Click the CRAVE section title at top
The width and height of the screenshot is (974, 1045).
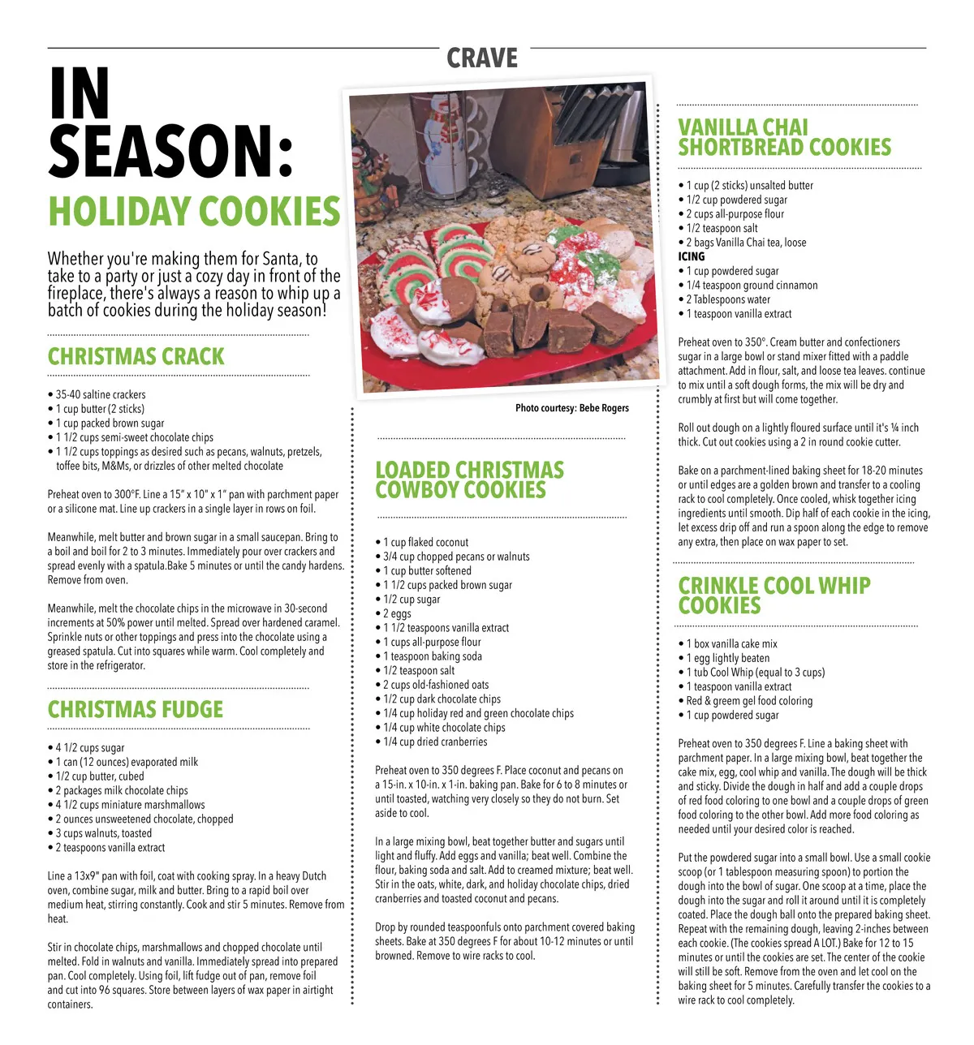[x=482, y=58]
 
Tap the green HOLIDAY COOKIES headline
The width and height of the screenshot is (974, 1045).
[x=194, y=212]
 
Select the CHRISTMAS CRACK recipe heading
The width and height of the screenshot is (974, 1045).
[x=136, y=357]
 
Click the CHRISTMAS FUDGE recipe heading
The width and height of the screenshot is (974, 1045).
[x=135, y=710]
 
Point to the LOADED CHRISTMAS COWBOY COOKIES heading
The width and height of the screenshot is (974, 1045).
[x=469, y=480]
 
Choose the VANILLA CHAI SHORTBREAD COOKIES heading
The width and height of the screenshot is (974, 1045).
[x=784, y=138]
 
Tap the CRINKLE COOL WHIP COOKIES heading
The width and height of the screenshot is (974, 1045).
[x=774, y=596]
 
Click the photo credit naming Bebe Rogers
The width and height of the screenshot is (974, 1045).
[x=571, y=408]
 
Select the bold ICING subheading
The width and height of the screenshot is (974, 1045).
[x=692, y=256]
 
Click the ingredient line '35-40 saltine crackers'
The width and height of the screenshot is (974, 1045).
[x=101, y=395]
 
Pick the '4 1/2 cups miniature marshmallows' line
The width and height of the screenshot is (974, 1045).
[x=130, y=805]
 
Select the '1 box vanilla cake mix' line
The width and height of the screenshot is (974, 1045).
[x=731, y=643]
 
